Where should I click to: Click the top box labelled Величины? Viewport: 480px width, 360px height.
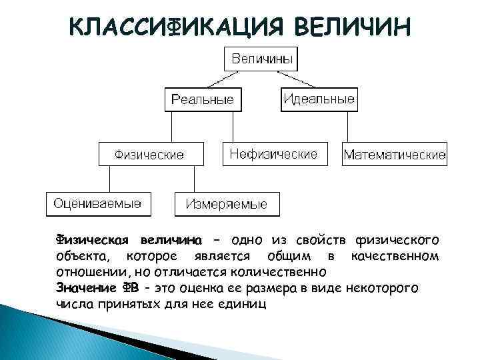pos(262,59)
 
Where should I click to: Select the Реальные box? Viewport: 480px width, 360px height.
pos(203,100)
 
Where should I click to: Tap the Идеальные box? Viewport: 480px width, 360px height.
pos(319,99)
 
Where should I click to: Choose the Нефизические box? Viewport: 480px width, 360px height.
pos(273,153)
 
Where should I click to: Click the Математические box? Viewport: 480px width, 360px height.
pos(395,155)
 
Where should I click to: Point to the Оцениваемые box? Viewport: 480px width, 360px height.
pos(97,203)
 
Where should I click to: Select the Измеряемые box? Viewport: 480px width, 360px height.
pos(227,204)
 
